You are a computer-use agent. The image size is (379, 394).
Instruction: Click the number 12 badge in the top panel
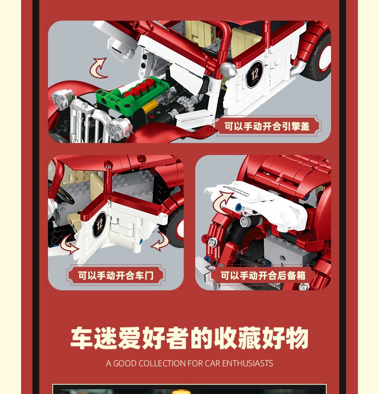pyautogui.click(x=254, y=74)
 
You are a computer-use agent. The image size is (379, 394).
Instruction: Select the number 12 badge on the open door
pyautogui.click(x=99, y=225)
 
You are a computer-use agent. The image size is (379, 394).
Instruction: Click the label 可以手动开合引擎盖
pyautogui.click(x=267, y=126)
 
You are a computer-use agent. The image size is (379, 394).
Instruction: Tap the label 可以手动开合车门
pyautogui.click(x=116, y=275)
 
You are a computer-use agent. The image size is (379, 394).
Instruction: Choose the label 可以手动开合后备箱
pyautogui.click(x=263, y=275)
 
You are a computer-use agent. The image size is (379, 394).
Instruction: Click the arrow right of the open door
pyautogui.click(x=160, y=242)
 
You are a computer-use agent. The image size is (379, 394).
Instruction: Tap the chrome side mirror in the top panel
pyautogui.click(x=227, y=70)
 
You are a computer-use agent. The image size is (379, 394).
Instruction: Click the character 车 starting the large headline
pyautogui.click(x=81, y=338)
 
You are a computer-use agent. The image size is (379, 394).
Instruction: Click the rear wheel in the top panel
pyautogui.click(x=317, y=57)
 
